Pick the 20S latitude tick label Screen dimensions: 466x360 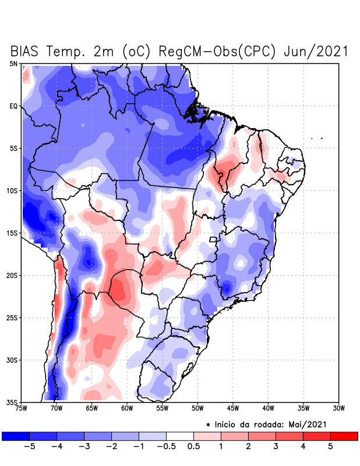12,275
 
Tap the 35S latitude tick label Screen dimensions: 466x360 12,402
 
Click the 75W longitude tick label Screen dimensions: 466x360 22,408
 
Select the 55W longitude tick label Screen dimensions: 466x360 162,408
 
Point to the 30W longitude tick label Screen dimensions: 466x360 338,408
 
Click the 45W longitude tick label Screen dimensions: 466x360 232,408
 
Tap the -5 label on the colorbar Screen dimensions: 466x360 29,446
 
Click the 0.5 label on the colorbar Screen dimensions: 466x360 193,446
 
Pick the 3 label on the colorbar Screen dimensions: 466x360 276,446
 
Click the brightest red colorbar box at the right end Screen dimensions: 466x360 344,436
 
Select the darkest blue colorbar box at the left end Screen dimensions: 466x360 16,436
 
